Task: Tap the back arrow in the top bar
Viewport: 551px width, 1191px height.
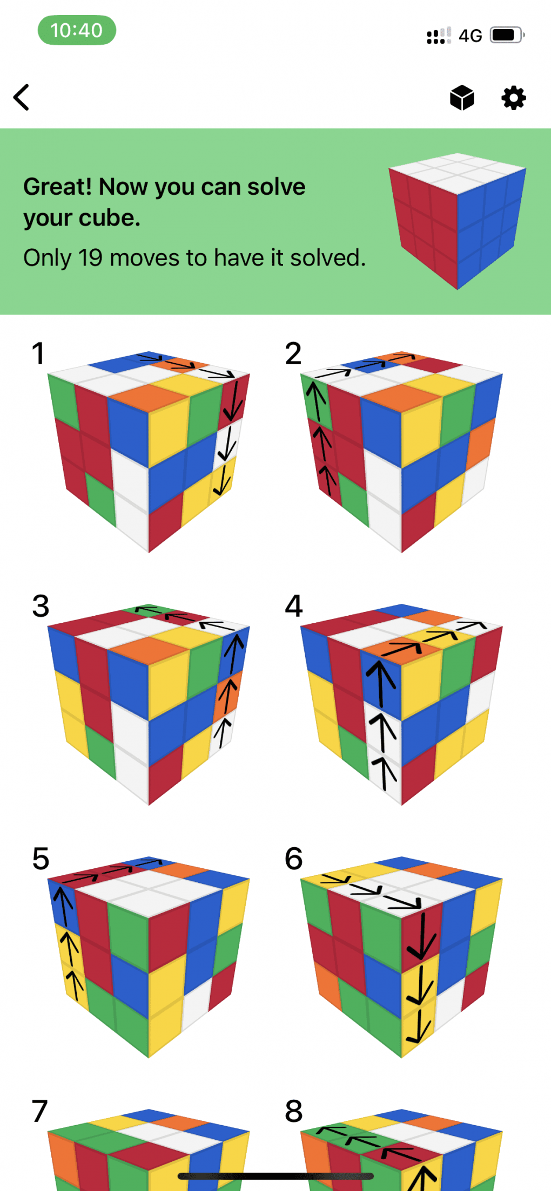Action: pyautogui.click(x=21, y=98)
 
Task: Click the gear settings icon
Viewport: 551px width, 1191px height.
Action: pyautogui.click(x=513, y=98)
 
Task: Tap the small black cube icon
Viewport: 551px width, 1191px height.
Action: pyautogui.click(x=462, y=98)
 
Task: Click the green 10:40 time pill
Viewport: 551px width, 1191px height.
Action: pyautogui.click(x=77, y=30)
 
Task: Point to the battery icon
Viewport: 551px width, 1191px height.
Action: pyautogui.click(x=507, y=35)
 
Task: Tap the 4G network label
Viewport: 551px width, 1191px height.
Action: pyautogui.click(x=470, y=36)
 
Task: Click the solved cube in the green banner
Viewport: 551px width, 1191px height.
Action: pyautogui.click(x=458, y=221)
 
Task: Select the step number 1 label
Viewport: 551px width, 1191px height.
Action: pyautogui.click(x=38, y=354)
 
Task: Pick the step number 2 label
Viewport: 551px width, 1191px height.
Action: pyautogui.click(x=293, y=354)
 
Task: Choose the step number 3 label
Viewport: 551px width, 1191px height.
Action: pyautogui.click(x=41, y=607)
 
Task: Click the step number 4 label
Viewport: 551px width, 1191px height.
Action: pyautogui.click(x=294, y=607)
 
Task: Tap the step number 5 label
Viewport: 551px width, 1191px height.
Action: pyautogui.click(x=41, y=859)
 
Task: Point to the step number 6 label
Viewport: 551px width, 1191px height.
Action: pyautogui.click(x=294, y=859)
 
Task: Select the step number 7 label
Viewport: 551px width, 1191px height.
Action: pyautogui.click(x=40, y=1112)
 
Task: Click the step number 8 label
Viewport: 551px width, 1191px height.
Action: pyautogui.click(x=294, y=1112)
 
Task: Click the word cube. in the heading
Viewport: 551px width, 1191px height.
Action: pyautogui.click(x=110, y=218)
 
